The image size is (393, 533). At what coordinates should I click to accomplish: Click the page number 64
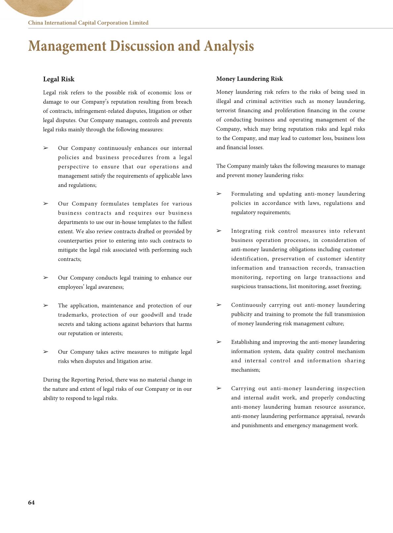coord(31,502)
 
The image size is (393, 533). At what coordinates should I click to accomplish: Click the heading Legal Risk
coord(59,79)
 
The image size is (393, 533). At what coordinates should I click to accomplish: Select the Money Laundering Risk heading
coord(249,79)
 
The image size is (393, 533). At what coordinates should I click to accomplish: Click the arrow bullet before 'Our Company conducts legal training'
coord(46,278)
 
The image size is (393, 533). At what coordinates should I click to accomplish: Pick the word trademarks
coord(72,315)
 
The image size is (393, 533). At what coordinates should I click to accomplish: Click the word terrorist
coord(227,111)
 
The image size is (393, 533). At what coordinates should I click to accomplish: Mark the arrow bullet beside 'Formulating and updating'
coord(219,194)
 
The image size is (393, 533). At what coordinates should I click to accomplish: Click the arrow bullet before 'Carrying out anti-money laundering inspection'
coord(219,388)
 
